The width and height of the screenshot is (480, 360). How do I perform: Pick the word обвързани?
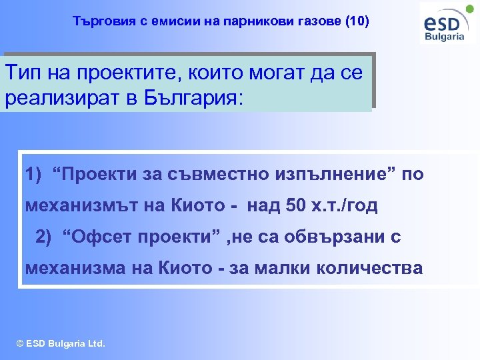[x=319, y=237]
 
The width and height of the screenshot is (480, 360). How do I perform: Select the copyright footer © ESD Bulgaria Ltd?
[x=60, y=344]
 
